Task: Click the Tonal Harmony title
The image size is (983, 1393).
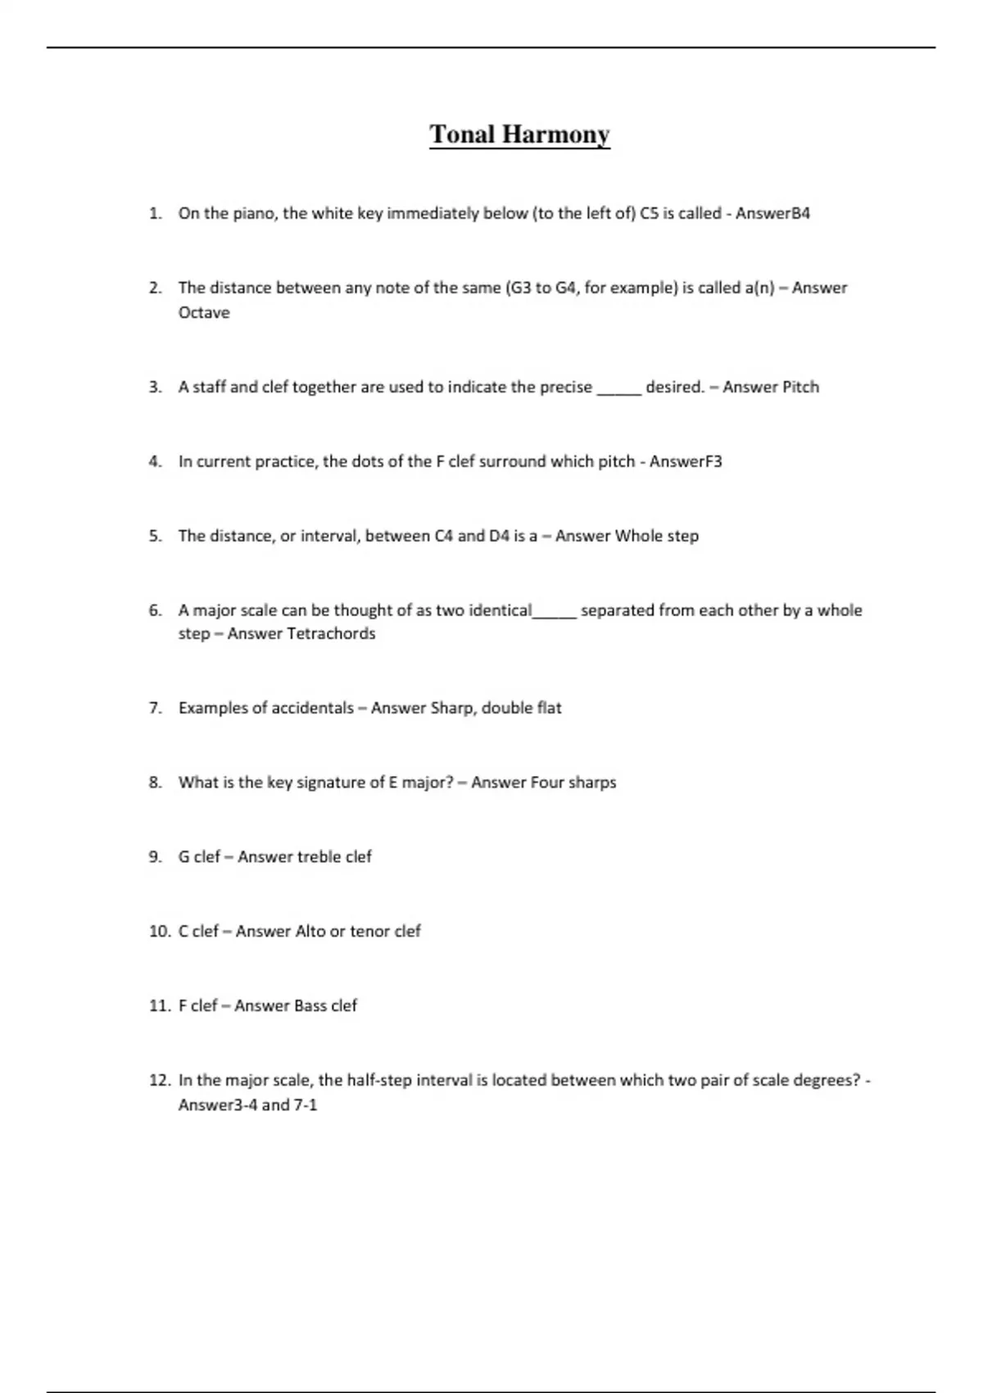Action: click(x=519, y=134)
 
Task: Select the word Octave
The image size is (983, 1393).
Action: click(x=204, y=313)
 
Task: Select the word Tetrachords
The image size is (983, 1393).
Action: click(x=331, y=634)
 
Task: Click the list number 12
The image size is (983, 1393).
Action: click(x=159, y=1081)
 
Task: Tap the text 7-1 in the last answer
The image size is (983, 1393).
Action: click(x=305, y=1105)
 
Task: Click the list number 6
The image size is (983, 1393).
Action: click(x=156, y=611)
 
